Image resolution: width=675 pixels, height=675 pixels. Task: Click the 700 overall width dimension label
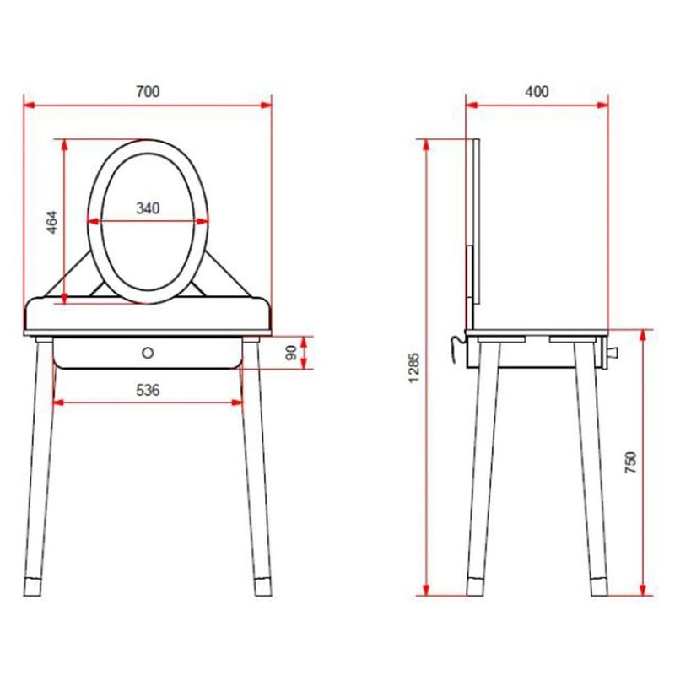pos(148,91)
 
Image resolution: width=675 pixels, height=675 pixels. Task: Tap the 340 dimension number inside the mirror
pos(148,208)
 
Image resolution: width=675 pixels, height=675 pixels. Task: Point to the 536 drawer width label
pos(148,389)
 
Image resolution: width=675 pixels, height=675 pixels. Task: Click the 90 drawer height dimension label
pos(291,354)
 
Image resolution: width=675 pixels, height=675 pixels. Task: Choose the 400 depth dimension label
pos(537,91)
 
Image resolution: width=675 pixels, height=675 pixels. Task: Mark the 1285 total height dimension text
pos(413,367)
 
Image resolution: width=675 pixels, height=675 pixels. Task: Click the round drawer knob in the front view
pos(148,353)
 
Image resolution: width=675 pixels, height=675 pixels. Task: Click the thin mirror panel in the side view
pos(476,219)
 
